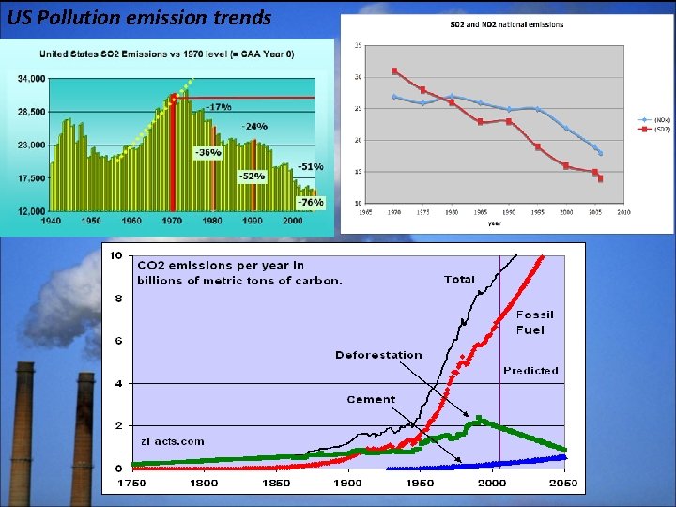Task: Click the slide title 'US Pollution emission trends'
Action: click(139, 18)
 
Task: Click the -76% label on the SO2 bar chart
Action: click(311, 202)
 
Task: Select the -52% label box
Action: click(251, 176)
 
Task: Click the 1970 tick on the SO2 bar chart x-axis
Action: click(173, 221)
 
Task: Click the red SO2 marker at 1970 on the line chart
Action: click(395, 70)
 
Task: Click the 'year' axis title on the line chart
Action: click(494, 223)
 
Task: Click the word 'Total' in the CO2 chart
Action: click(459, 279)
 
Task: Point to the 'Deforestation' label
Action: click(378, 355)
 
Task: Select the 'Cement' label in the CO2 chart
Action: click(371, 399)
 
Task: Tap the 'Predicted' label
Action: click(530, 370)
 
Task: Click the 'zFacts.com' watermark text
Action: click(173, 440)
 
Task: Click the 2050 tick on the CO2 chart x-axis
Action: click(564, 483)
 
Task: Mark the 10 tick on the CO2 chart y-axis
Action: click(115, 255)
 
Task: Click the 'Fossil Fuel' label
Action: click(535, 322)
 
